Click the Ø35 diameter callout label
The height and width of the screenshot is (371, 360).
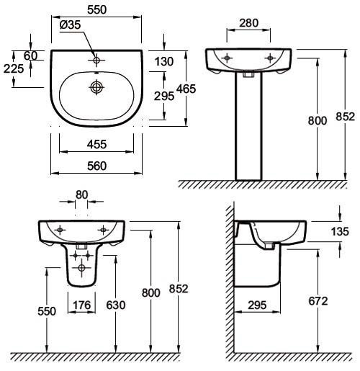coord(70,25)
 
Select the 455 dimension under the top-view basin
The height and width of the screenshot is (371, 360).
coord(96,145)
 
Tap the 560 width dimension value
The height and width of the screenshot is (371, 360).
coord(96,166)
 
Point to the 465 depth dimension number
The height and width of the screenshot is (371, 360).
coord(186,89)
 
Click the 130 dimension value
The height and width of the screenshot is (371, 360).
coord(164,62)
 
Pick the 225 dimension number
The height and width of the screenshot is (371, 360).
coord(14,69)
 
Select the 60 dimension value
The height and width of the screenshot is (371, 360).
coord(30,56)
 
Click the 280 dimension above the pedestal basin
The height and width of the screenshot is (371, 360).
coord(249,23)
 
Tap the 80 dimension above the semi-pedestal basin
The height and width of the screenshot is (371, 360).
coord(81,195)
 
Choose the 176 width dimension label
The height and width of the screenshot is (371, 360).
coord(82,305)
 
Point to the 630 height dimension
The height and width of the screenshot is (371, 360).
coord(116,305)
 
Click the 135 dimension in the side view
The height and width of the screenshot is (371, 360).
coord(340,232)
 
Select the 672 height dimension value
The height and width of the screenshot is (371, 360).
coord(318,301)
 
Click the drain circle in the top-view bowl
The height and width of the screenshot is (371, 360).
coord(96,87)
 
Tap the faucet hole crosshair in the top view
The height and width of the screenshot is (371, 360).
coord(96,60)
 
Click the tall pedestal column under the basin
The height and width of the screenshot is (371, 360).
coord(248,126)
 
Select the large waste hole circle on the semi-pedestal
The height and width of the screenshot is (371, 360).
coord(81,268)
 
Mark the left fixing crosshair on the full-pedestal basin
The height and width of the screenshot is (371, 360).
coord(227,58)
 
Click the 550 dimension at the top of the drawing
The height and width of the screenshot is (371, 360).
coord(96,10)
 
